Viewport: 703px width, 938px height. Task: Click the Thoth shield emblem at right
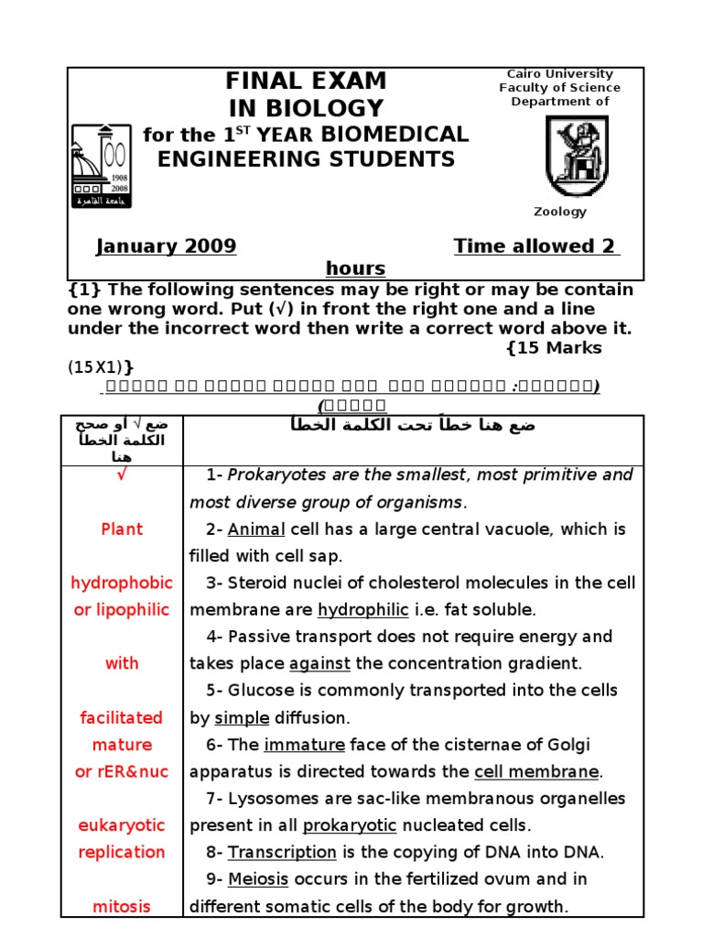point(576,155)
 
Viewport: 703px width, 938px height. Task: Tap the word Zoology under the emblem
point(560,212)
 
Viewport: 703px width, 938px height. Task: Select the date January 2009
point(167,246)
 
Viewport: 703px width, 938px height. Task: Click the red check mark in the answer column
point(122,475)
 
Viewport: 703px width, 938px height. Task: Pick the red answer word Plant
point(122,529)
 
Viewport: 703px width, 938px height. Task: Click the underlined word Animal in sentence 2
point(256,529)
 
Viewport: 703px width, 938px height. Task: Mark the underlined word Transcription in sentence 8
point(282,853)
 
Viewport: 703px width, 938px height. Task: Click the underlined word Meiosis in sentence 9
point(258,879)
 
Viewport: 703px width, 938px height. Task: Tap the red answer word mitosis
point(122,907)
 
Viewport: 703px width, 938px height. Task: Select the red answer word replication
point(122,853)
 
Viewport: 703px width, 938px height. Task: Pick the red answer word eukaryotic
point(122,825)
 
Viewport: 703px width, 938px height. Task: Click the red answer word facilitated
point(122,718)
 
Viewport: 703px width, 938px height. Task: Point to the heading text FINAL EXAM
point(306,81)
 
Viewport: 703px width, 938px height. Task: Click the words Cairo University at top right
point(559,74)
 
